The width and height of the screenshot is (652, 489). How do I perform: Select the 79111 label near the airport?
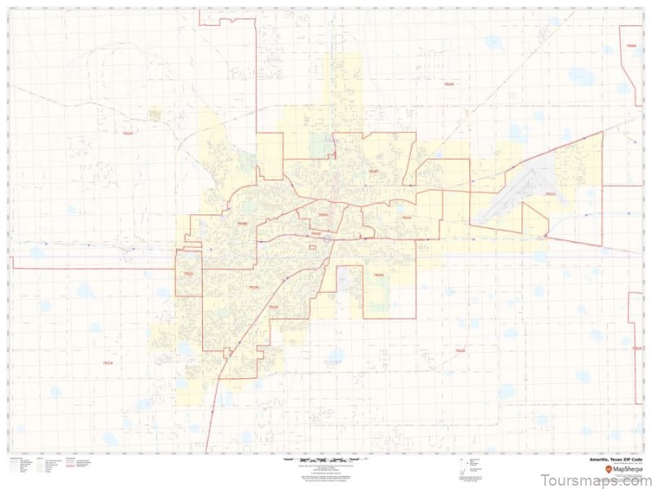[551, 194]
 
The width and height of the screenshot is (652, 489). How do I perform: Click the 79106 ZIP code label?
[242, 222]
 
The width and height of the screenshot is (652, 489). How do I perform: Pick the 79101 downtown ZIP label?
[324, 215]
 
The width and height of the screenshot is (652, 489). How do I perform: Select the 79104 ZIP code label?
[405, 218]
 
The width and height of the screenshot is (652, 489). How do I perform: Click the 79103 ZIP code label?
[378, 275]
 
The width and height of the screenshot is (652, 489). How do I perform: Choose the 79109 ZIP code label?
[253, 287]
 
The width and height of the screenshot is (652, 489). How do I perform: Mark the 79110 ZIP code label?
[274, 307]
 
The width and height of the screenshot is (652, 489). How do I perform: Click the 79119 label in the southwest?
[108, 362]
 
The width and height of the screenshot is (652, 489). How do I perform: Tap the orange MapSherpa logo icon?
[606, 470]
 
